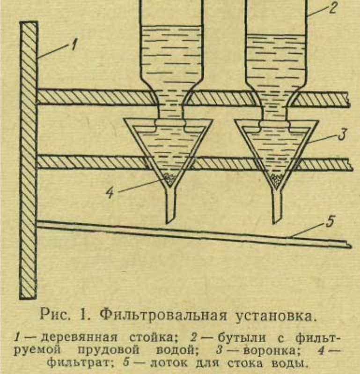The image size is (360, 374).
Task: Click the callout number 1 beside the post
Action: pos(74,45)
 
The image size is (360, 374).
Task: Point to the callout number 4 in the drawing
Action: pos(110,192)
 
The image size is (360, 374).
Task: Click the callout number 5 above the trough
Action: pos(331,221)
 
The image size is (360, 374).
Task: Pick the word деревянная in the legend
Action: pos(80,338)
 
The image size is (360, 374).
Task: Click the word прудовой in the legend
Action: pos(108,351)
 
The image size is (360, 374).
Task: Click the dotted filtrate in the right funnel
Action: pos(277,180)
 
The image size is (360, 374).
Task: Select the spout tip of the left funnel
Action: pos(167,223)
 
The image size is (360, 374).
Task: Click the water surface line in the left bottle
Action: pos(171,26)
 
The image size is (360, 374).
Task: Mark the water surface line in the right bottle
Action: pos(276,35)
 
